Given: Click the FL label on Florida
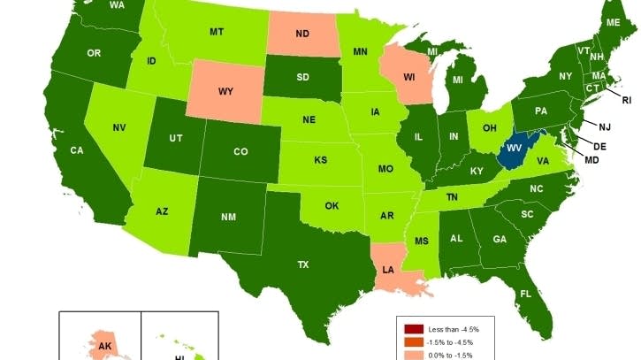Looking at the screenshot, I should [x=525, y=294].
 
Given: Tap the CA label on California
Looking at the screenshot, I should [x=77, y=150].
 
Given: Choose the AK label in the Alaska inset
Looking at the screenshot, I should [x=105, y=346].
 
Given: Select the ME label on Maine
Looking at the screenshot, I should [x=613, y=21].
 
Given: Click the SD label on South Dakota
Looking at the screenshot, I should [x=302, y=77].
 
